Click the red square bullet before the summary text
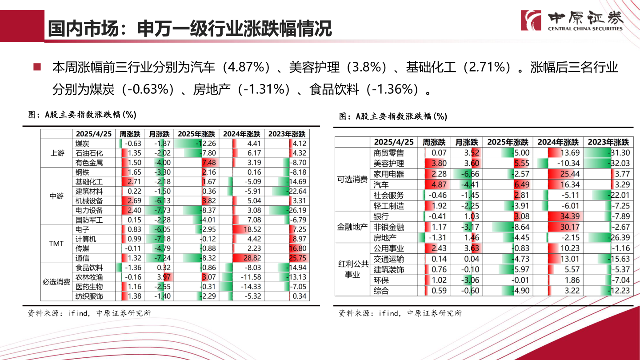(37, 67)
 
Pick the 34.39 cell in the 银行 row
(557, 216)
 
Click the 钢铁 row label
(83, 172)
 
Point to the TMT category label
(56, 244)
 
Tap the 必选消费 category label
(56, 282)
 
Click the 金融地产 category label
(352, 227)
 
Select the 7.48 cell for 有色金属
(196, 163)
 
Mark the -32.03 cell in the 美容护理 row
(608, 164)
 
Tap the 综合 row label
(381, 291)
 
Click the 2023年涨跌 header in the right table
(608, 142)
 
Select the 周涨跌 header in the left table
(130, 134)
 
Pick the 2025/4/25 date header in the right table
(394, 142)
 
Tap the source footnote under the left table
(89, 313)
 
